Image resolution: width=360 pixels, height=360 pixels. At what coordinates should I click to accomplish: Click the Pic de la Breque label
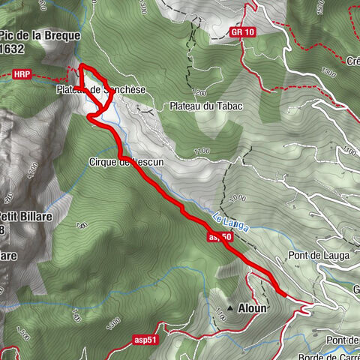[41, 34]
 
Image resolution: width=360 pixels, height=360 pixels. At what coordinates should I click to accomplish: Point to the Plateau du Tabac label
[205, 106]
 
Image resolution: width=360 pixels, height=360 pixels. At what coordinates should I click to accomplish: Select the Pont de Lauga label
[315, 255]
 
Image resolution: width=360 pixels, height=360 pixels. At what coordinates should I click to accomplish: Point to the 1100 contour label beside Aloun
[220, 321]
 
